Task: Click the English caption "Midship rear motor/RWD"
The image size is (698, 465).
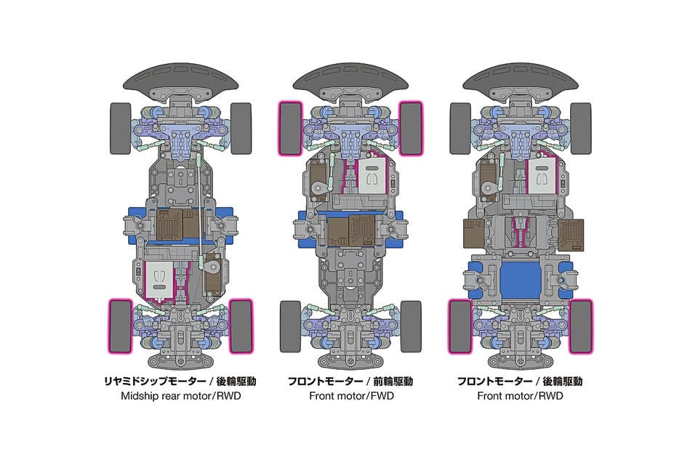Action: click(181, 395)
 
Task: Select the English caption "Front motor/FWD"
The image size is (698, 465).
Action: click(351, 395)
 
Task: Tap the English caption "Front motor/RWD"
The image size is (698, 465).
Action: click(520, 395)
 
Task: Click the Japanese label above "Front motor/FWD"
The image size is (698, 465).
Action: click(350, 381)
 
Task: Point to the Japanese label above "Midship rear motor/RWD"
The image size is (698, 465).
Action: click(180, 381)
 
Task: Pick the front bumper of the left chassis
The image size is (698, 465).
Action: click(181, 82)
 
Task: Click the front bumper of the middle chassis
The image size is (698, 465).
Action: click(350, 82)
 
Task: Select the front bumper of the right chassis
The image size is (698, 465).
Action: click(521, 82)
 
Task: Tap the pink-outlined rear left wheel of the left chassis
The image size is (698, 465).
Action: click(120, 326)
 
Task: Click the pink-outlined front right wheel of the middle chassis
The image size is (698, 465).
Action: click(410, 129)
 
